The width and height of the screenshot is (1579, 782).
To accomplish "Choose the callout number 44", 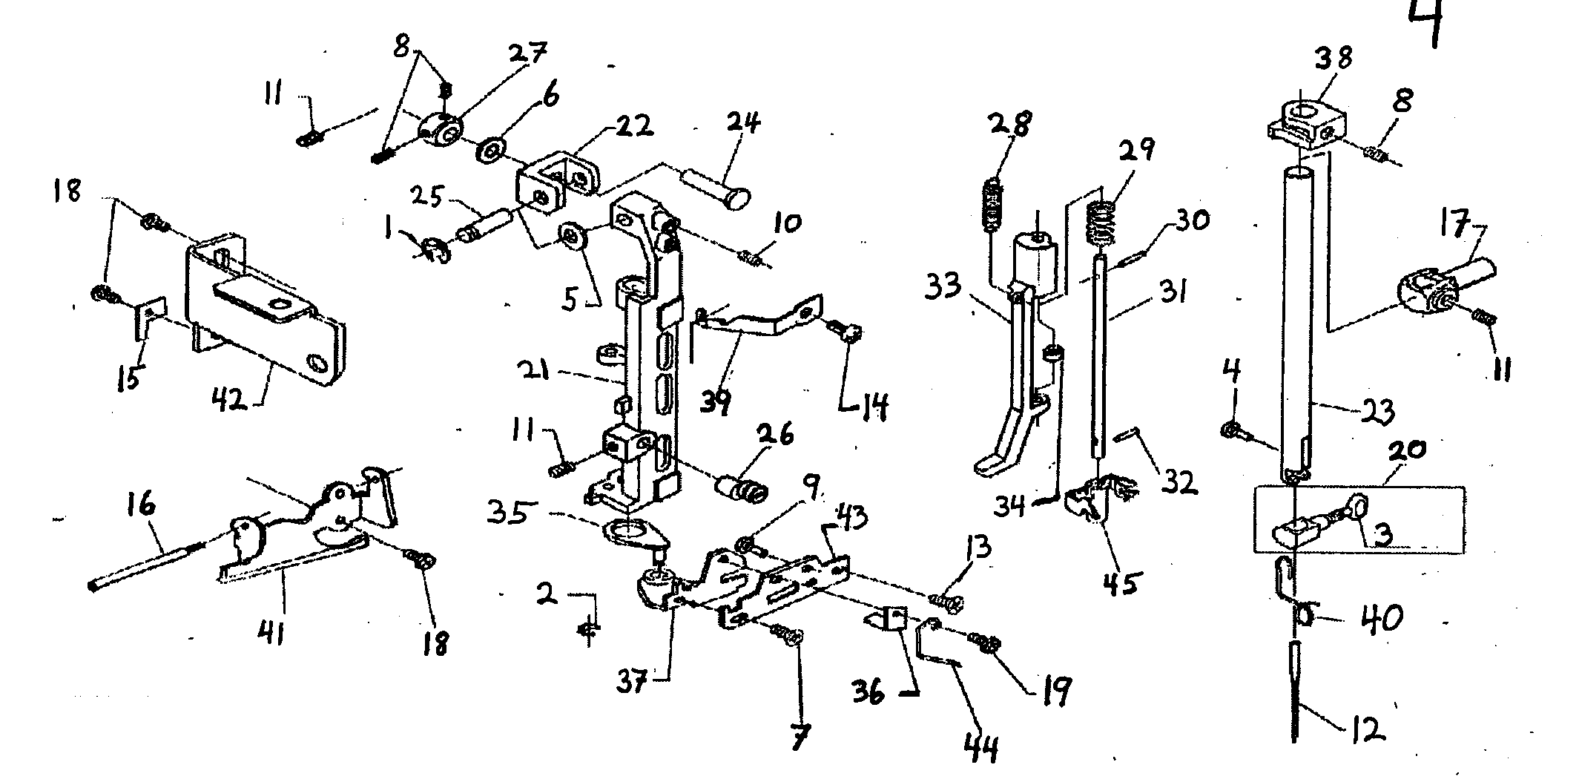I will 980,747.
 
